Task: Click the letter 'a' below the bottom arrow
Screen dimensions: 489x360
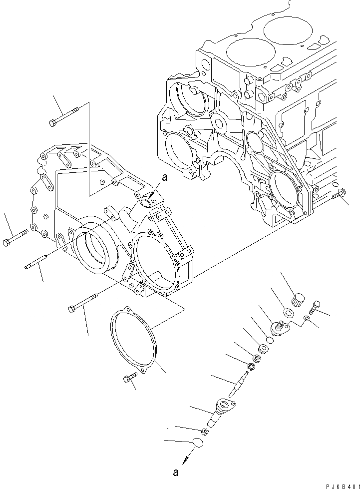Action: pyautogui.click(x=175, y=471)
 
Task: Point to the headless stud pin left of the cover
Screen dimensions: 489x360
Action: pyautogui.click(x=37, y=262)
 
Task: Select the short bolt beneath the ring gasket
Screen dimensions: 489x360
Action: pyautogui.click(x=129, y=380)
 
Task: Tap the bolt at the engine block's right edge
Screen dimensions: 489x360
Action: pyautogui.click(x=339, y=195)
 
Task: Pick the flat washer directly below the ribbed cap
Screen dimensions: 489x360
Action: pyautogui.click(x=288, y=313)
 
